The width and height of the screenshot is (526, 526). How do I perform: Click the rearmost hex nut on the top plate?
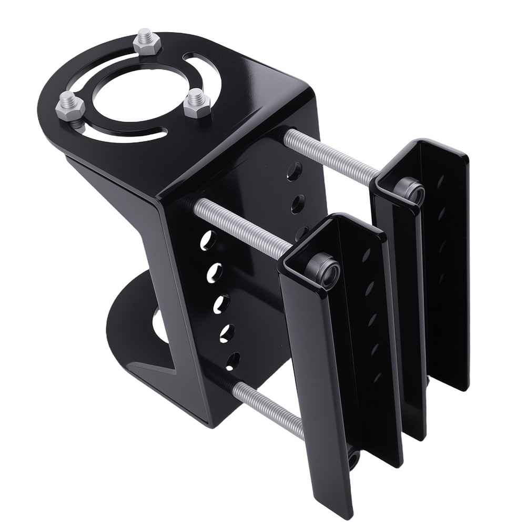coord(146,42)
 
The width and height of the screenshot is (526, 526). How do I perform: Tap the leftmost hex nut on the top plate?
coord(70,105)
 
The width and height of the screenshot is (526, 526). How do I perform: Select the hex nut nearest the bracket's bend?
coord(197,103)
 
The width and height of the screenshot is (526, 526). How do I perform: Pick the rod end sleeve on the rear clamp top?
coord(411,190)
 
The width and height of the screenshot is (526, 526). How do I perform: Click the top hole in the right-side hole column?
coord(294,171)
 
